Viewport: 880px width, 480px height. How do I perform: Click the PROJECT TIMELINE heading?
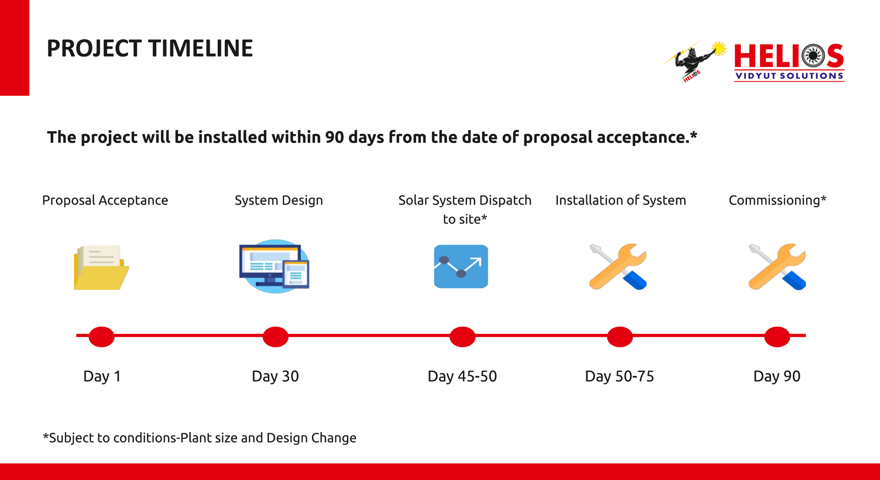[150, 48]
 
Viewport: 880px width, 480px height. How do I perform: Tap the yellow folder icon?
[101, 268]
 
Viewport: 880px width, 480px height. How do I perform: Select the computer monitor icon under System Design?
[274, 266]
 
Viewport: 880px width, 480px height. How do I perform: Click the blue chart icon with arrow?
[461, 266]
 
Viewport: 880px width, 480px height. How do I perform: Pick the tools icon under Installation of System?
[618, 267]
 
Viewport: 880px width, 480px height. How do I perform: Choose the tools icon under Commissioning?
[777, 267]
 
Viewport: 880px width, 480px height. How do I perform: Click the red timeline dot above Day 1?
[101, 336]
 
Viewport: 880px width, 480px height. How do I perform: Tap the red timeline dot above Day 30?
[276, 336]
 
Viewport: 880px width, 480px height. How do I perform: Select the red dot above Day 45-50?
[463, 336]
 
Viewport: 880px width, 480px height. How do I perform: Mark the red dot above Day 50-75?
[619, 336]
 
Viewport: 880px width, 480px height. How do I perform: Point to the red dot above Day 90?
[777, 336]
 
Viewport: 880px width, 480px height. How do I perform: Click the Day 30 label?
[275, 376]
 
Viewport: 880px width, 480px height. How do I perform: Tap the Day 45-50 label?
[462, 376]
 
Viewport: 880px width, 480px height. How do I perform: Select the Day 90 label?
[777, 376]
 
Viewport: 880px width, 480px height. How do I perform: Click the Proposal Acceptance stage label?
[105, 200]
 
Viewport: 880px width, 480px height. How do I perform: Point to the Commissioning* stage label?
[778, 200]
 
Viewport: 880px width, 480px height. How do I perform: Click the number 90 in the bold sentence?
[334, 137]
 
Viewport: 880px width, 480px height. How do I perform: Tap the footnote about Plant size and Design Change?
[200, 438]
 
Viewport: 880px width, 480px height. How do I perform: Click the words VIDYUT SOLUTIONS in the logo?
[789, 76]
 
